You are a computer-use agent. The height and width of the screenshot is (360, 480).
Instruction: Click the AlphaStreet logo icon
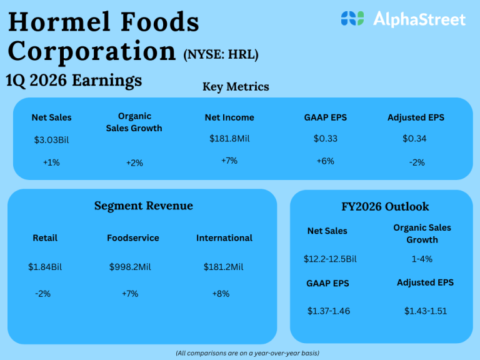(x=352, y=18)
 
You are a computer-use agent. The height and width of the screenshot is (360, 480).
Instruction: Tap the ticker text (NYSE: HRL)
(x=221, y=54)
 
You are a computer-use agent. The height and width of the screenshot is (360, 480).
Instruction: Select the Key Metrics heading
(x=236, y=87)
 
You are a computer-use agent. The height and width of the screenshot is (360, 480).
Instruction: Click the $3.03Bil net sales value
(x=51, y=139)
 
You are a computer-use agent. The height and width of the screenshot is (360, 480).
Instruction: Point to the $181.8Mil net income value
(x=229, y=138)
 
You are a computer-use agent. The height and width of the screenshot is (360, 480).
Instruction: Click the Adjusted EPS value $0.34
(x=414, y=138)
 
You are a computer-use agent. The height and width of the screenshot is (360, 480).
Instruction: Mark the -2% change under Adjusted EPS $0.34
(x=417, y=162)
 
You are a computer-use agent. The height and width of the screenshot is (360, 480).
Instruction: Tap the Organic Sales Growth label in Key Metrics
(x=140, y=122)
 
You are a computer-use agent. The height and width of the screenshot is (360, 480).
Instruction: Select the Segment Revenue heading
(x=144, y=206)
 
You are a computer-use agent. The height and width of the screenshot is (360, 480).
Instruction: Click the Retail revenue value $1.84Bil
(x=45, y=267)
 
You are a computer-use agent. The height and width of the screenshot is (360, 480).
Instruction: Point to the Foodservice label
(x=133, y=238)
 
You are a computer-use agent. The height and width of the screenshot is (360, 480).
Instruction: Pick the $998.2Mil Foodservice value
(x=129, y=267)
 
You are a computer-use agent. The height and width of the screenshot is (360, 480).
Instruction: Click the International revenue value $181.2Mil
(x=223, y=267)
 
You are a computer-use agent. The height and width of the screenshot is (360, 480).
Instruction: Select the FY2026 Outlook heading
(x=381, y=206)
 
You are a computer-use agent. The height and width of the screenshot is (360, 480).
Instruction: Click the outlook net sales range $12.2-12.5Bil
(x=330, y=259)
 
